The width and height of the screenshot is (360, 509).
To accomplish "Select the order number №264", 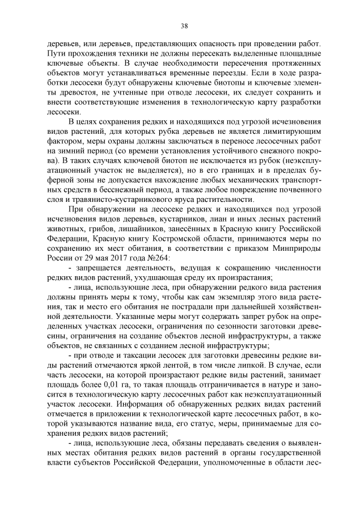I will tap(149, 258).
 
